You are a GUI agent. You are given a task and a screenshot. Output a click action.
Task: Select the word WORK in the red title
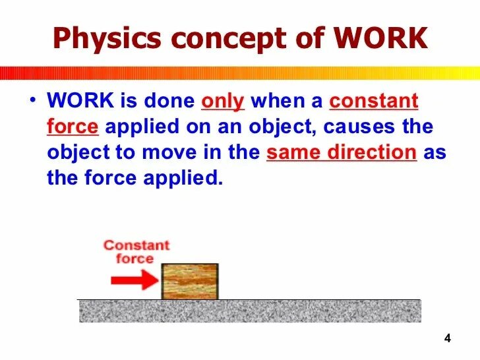coord(381,39)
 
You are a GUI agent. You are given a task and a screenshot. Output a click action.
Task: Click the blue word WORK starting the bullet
coord(79,102)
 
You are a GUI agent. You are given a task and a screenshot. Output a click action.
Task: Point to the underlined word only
coord(222,102)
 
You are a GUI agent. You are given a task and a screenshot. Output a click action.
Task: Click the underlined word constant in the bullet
coord(374,102)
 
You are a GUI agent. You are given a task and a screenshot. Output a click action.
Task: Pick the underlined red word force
coord(73,127)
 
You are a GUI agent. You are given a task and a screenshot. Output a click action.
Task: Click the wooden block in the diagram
coord(190,282)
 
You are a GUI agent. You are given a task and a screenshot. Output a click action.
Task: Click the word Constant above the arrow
coord(136,245)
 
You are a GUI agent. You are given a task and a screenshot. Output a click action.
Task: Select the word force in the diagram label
coord(135,258)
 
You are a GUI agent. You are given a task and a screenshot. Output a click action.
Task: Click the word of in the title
coord(308,39)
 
